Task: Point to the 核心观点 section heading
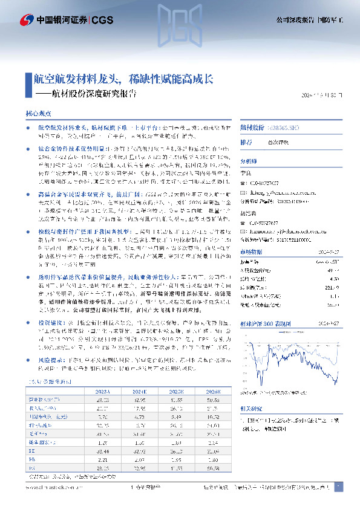[x=37, y=114]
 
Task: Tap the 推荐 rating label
[x=246, y=143]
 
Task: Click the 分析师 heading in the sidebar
[x=248, y=162]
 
